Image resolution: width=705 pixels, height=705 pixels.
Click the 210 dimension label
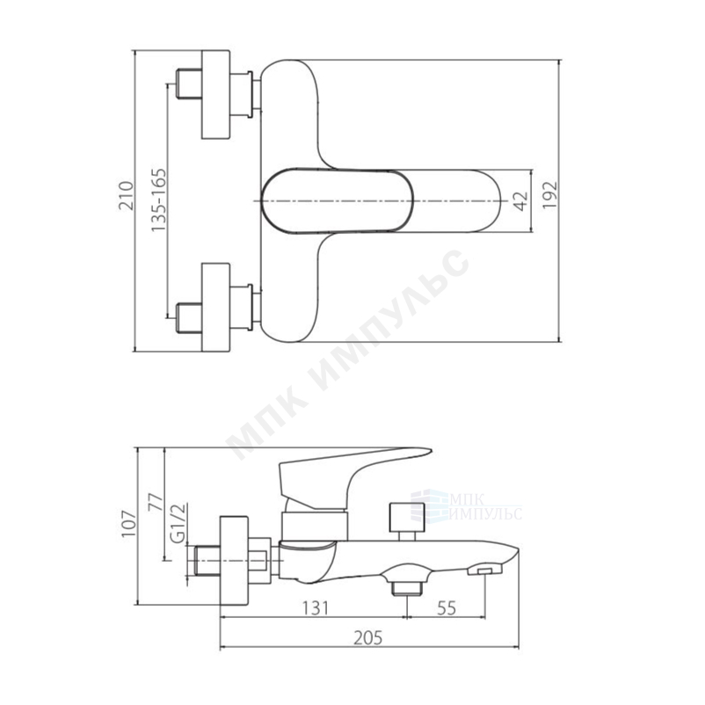click(x=127, y=195)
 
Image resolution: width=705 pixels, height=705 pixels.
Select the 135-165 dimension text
click(x=158, y=200)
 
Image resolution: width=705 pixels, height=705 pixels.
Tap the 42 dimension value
click(x=520, y=201)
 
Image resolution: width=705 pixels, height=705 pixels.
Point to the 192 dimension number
click(x=549, y=194)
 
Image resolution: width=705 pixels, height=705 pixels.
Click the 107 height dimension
click(x=128, y=524)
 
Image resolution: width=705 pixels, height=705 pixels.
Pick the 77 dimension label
click(x=155, y=503)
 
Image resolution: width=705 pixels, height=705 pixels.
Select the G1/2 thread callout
click(x=179, y=523)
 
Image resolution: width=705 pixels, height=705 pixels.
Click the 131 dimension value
click(x=315, y=608)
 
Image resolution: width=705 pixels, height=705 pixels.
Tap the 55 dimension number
click(x=447, y=608)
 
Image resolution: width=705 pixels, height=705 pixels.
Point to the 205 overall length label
click(x=367, y=637)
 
